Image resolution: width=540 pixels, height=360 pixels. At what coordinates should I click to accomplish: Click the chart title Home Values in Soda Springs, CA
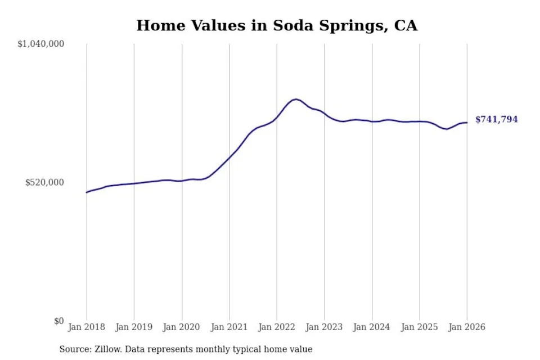277,26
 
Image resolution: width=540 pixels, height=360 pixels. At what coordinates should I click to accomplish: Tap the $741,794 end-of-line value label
496,120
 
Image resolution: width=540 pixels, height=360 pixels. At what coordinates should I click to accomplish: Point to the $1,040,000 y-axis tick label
41,44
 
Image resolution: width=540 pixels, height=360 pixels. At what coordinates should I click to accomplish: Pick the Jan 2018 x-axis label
86,327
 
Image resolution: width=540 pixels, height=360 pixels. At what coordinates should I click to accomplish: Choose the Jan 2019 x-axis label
134,327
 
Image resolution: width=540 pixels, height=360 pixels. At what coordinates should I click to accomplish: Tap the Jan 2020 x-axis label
182,327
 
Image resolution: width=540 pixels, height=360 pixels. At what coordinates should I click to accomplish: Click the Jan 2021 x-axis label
229,327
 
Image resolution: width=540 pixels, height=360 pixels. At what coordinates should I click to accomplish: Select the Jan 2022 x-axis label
277,327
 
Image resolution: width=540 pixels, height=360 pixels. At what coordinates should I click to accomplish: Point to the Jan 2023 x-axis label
324,327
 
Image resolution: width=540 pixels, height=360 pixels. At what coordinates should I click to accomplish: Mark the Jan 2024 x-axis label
372,327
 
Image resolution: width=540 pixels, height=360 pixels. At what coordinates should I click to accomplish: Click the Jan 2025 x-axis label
419,327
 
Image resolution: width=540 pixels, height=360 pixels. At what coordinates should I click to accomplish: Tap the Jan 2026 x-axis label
467,327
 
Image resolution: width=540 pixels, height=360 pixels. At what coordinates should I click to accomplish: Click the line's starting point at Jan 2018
87,192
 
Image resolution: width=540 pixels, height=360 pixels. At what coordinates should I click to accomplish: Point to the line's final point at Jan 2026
467,123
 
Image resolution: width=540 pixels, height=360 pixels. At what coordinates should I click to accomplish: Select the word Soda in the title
293,26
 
